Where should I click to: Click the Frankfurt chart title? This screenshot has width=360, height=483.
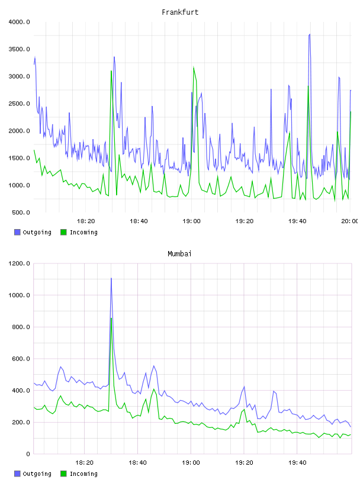[x=180, y=12]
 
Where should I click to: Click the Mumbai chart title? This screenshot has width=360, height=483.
[x=179, y=254]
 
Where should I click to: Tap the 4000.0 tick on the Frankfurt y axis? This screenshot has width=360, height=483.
[x=19, y=22]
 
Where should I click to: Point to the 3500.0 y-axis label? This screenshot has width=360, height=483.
[x=19, y=49]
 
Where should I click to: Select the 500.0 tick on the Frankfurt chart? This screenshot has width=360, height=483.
[x=21, y=212]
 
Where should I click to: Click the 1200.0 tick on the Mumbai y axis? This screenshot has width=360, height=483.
[x=19, y=263]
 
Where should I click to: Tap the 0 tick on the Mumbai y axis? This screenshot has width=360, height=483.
[x=28, y=454]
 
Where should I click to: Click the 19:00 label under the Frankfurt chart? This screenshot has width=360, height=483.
[x=191, y=221]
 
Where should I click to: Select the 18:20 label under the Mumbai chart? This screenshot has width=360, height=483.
[x=84, y=463]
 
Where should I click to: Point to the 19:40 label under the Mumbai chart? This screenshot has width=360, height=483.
[x=297, y=463]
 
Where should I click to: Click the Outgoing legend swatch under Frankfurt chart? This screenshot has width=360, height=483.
[x=17, y=232]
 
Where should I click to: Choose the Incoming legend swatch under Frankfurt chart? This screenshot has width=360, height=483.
[x=63, y=232]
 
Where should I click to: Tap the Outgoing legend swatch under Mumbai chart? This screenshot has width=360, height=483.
[x=17, y=474]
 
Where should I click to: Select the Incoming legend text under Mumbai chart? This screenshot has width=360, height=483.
[x=83, y=474]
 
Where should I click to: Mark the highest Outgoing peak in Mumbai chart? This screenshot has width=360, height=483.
[x=111, y=278]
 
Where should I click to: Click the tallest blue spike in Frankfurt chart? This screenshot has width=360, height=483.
[x=310, y=34]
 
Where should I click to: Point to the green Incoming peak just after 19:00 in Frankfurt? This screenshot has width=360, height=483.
[x=194, y=67]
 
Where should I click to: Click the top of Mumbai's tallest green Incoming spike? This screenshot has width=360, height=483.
[x=111, y=318]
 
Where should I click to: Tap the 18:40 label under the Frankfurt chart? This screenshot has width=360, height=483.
[x=139, y=221]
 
